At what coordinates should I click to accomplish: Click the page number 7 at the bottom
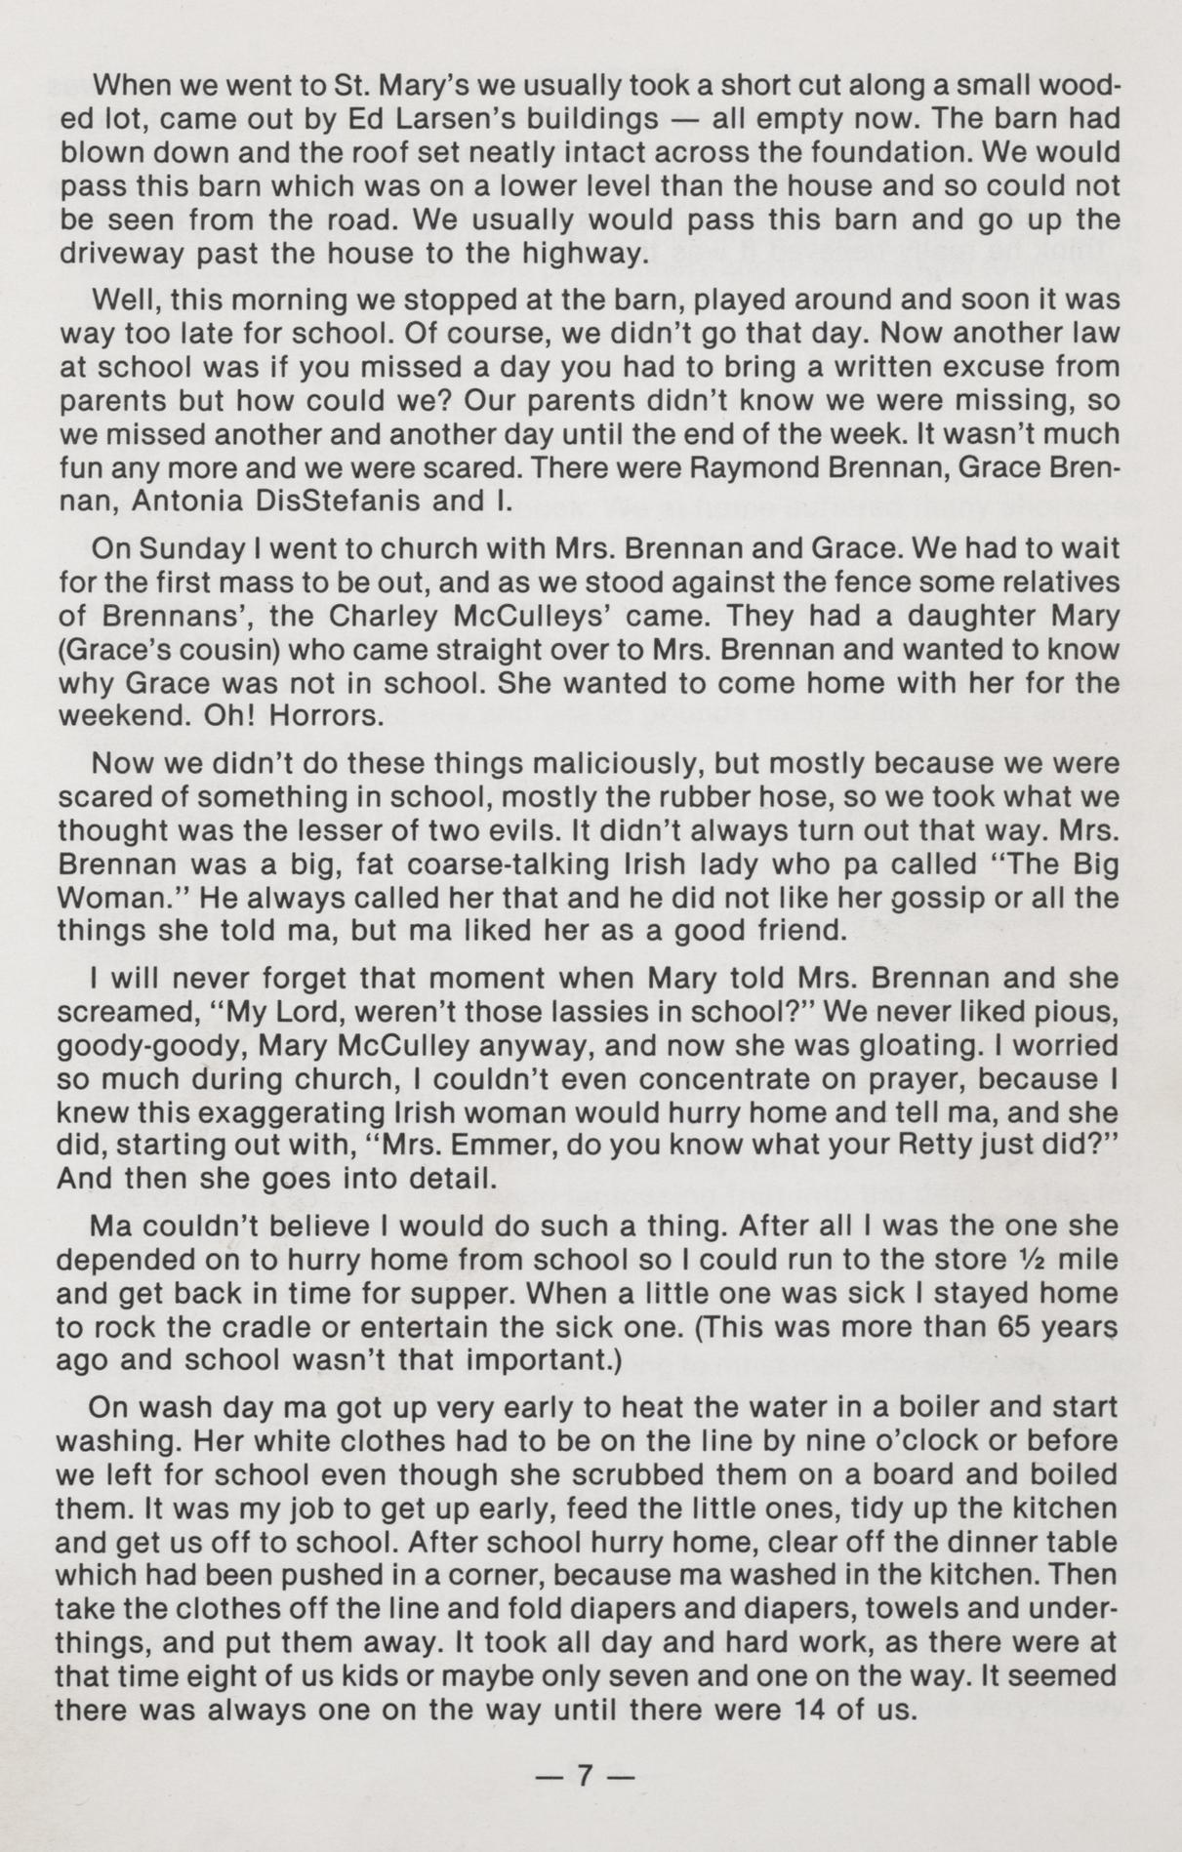pos(586,1774)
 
